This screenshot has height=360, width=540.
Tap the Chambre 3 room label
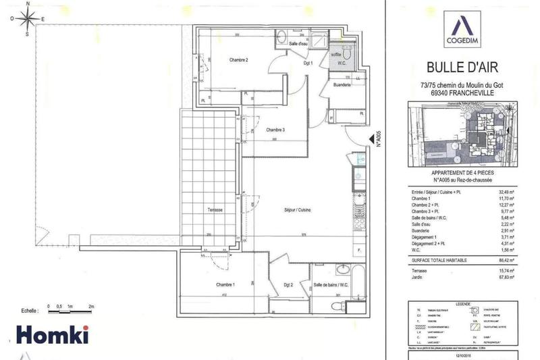coord(275,130)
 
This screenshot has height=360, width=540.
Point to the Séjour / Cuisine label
coord(296,210)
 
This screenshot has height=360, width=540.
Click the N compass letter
coord(26,4)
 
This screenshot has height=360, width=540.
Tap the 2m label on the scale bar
coord(91,307)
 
